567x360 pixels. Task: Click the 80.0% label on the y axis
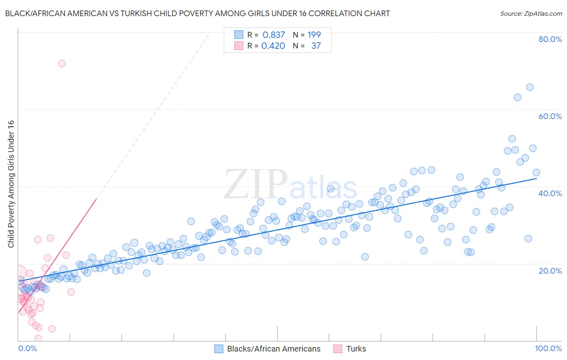click(x=550, y=39)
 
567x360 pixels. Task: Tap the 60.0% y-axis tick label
click(x=550, y=116)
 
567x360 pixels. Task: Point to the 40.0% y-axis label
click(x=550, y=193)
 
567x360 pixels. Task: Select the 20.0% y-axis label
click(x=550, y=270)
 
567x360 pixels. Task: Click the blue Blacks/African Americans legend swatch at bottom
click(x=219, y=349)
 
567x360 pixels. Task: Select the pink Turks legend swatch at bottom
click(x=338, y=349)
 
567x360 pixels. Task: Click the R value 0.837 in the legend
click(x=274, y=35)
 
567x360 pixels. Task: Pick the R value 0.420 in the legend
click(x=273, y=46)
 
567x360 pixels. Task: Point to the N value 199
click(x=314, y=35)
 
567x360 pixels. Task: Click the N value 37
click(x=316, y=46)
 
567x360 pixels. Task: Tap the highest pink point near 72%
click(x=62, y=63)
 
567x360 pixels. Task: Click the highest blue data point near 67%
click(x=529, y=88)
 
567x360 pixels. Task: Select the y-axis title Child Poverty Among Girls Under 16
click(x=11, y=184)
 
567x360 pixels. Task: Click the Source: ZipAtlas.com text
click(x=531, y=14)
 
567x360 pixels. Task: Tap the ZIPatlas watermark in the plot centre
click(x=290, y=184)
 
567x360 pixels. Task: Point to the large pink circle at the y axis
click(x=19, y=273)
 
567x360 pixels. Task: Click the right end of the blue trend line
click(x=536, y=178)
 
